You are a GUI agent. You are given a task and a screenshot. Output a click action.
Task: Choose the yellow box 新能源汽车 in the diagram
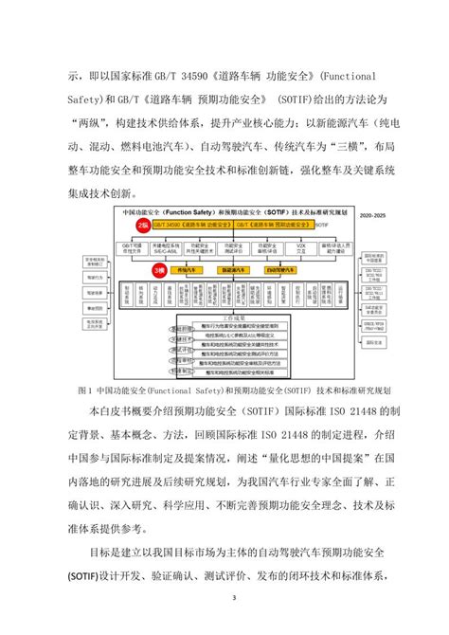[233, 270]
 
